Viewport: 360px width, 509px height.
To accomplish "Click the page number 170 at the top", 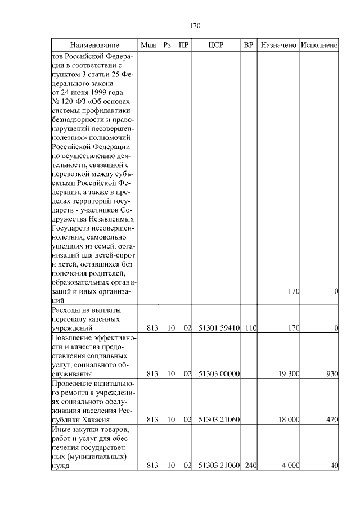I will click(x=195, y=25).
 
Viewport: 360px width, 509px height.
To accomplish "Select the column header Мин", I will click(x=148, y=44).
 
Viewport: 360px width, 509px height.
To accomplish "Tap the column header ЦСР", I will click(x=216, y=44).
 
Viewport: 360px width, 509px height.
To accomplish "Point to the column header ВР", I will click(x=249, y=44).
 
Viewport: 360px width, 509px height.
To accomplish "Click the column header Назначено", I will click(x=278, y=44).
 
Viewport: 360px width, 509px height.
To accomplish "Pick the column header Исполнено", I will click(x=319, y=44).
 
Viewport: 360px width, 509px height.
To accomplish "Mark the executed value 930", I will click(x=331, y=373).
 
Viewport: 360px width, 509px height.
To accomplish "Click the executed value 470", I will click(x=331, y=419).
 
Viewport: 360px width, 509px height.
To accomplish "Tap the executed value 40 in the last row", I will click(x=334, y=465).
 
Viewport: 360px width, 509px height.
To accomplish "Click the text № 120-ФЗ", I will click(x=67, y=101).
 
